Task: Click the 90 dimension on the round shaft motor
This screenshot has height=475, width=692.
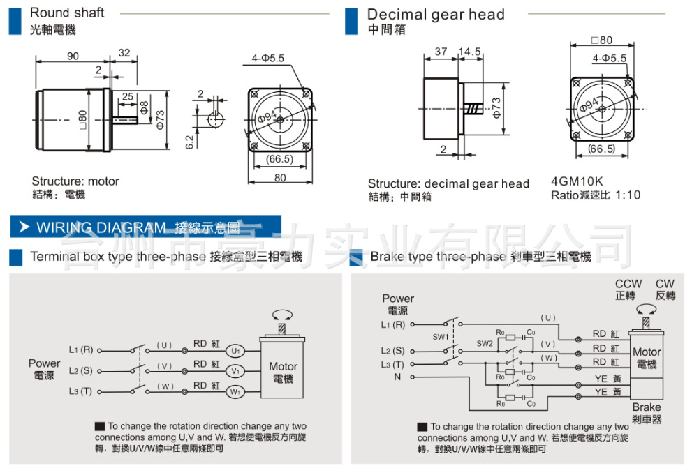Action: [x=73, y=56]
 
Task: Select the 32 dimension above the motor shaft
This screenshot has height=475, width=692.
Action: [x=124, y=52]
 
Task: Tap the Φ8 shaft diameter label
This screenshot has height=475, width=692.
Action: [x=144, y=107]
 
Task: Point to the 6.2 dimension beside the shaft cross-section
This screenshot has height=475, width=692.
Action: [x=189, y=142]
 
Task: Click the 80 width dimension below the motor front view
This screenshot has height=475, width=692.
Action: [x=279, y=178]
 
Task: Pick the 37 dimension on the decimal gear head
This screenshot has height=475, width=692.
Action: [x=441, y=52]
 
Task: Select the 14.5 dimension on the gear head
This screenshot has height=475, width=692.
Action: [x=470, y=52]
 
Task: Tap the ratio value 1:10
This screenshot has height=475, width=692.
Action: [x=627, y=195]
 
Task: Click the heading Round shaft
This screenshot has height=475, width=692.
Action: [x=67, y=13]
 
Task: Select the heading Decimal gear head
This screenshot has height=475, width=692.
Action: [x=436, y=15]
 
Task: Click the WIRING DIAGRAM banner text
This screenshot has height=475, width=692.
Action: [x=101, y=227]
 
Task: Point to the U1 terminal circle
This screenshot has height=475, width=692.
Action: [x=235, y=350]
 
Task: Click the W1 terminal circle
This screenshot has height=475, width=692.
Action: [x=235, y=392]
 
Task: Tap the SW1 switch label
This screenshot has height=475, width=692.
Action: [x=440, y=337]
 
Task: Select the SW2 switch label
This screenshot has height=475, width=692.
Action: [x=485, y=344]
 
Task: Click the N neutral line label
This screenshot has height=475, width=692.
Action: [x=397, y=377]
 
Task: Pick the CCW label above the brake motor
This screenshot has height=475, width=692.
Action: [x=628, y=285]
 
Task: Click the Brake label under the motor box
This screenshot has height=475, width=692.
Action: [x=646, y=407]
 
